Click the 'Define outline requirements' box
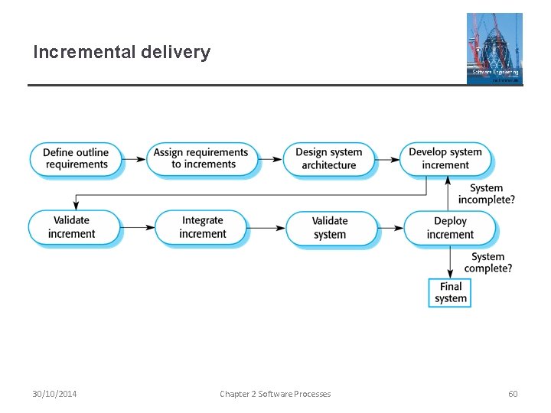point(76,158)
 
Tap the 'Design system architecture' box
point(329,158)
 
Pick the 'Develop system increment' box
point(445,158)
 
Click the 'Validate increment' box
point(74,227)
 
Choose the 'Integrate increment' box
point(202,227)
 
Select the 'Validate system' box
point(330,228)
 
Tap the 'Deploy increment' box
point(450,228)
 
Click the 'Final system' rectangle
point(450,292)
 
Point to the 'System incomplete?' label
point(487,193)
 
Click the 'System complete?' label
point(488,262)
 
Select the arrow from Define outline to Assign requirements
point(135,159)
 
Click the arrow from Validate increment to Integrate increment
point(138,228)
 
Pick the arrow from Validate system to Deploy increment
point(391,228)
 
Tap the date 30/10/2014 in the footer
point(54,394)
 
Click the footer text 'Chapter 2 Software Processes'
point(275,394)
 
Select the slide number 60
point(513,394)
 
